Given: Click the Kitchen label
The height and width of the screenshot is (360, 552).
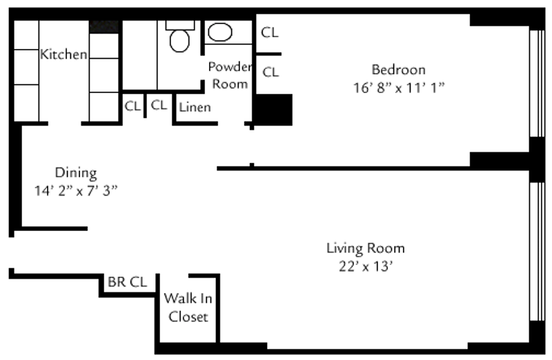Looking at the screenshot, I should point(63,54).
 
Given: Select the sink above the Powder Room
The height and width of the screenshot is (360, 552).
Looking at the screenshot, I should point(220,32).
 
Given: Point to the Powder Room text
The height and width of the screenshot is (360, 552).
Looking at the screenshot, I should point(229,75).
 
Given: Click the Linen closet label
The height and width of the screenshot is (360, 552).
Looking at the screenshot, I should point(195,107).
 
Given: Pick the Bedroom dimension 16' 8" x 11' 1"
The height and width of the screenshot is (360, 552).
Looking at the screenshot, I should point(398,88).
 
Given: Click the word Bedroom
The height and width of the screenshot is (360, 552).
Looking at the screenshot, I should point(398,70).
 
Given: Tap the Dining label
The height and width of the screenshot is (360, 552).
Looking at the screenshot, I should point(76,172).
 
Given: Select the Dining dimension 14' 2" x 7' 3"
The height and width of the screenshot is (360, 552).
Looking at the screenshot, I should point(76,190).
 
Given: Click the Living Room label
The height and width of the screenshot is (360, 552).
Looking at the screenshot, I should point(365,248).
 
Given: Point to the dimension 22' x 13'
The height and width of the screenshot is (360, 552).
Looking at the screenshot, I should point(365,266).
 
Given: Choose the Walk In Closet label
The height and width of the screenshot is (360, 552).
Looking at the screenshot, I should point(188,308).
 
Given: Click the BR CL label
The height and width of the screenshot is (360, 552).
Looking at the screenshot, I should point(127,282).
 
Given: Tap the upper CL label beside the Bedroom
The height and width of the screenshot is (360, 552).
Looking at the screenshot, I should point(270,32).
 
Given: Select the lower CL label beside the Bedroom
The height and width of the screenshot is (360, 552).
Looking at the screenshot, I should point(270,71).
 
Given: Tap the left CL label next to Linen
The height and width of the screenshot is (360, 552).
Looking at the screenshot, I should point(132,106).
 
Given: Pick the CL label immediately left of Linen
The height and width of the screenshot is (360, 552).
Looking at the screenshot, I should point(159,106).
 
